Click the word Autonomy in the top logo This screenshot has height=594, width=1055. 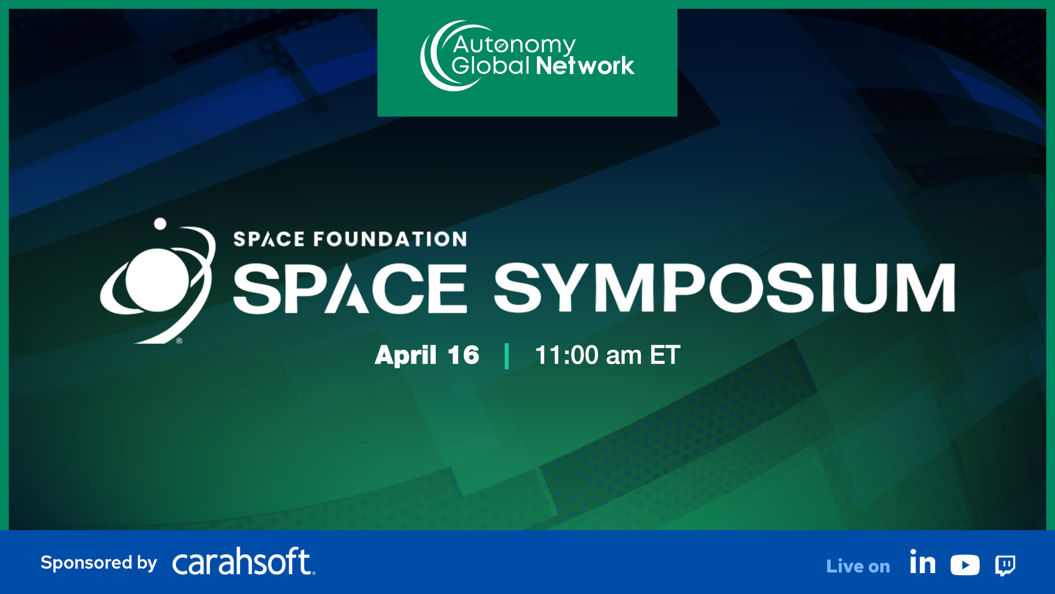click(x=514, y=45)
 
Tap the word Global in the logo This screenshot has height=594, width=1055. click(x=490, y=66)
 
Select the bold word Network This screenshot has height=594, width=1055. click(x=585, y=66)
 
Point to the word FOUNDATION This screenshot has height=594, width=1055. click(x=390, y=239)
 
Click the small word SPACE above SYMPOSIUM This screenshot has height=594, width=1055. click(x=269, y=239)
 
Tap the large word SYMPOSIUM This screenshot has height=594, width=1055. click(x=724, y=288)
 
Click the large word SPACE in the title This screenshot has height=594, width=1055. click(x=350, y=288)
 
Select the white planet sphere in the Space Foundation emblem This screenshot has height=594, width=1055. click(x=157, y=279)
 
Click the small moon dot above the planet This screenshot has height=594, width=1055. click(x=160, y=224)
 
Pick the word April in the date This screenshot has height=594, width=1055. click(x=406, y=355)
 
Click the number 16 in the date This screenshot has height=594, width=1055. click(x=463, y=355)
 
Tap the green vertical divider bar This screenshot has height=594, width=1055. click(x=507, y=356)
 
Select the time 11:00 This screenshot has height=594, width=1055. click(x=567, y=355)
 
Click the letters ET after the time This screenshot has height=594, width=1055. click(x=665, y=355)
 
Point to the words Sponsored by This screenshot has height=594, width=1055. click(x=99, y=563)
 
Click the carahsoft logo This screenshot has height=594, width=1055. click(x=243, y=562)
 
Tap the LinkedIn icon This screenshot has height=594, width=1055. click(x=923, y=563)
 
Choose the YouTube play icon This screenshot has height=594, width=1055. click(x=965, y=565)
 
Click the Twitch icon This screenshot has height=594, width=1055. click(x=1005, y=565)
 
